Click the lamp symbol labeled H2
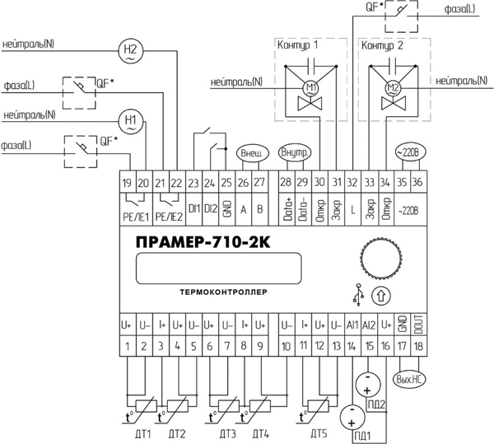click(130, 51)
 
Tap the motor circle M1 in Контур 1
click(310, 88)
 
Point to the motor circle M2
click(394, 88)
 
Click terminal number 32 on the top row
click(352, 182)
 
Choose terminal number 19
click(128, 182)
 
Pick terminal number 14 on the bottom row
click(352, 346)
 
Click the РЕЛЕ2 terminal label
click(169, 217)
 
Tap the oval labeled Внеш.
click(253, 153)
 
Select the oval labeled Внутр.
click(295, 153)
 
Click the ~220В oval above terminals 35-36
click(410, 152)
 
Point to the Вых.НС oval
click(408, 379)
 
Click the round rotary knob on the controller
click(381, 258)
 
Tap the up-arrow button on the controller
click(381, 297)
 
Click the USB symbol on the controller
click(358, 295)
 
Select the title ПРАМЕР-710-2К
click(203, 242)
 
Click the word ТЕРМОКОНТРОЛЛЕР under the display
click(223, 292)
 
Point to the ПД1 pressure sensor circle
click(352, 417)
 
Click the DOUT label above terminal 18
click(419, 325)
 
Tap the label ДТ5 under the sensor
click(319, 434)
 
